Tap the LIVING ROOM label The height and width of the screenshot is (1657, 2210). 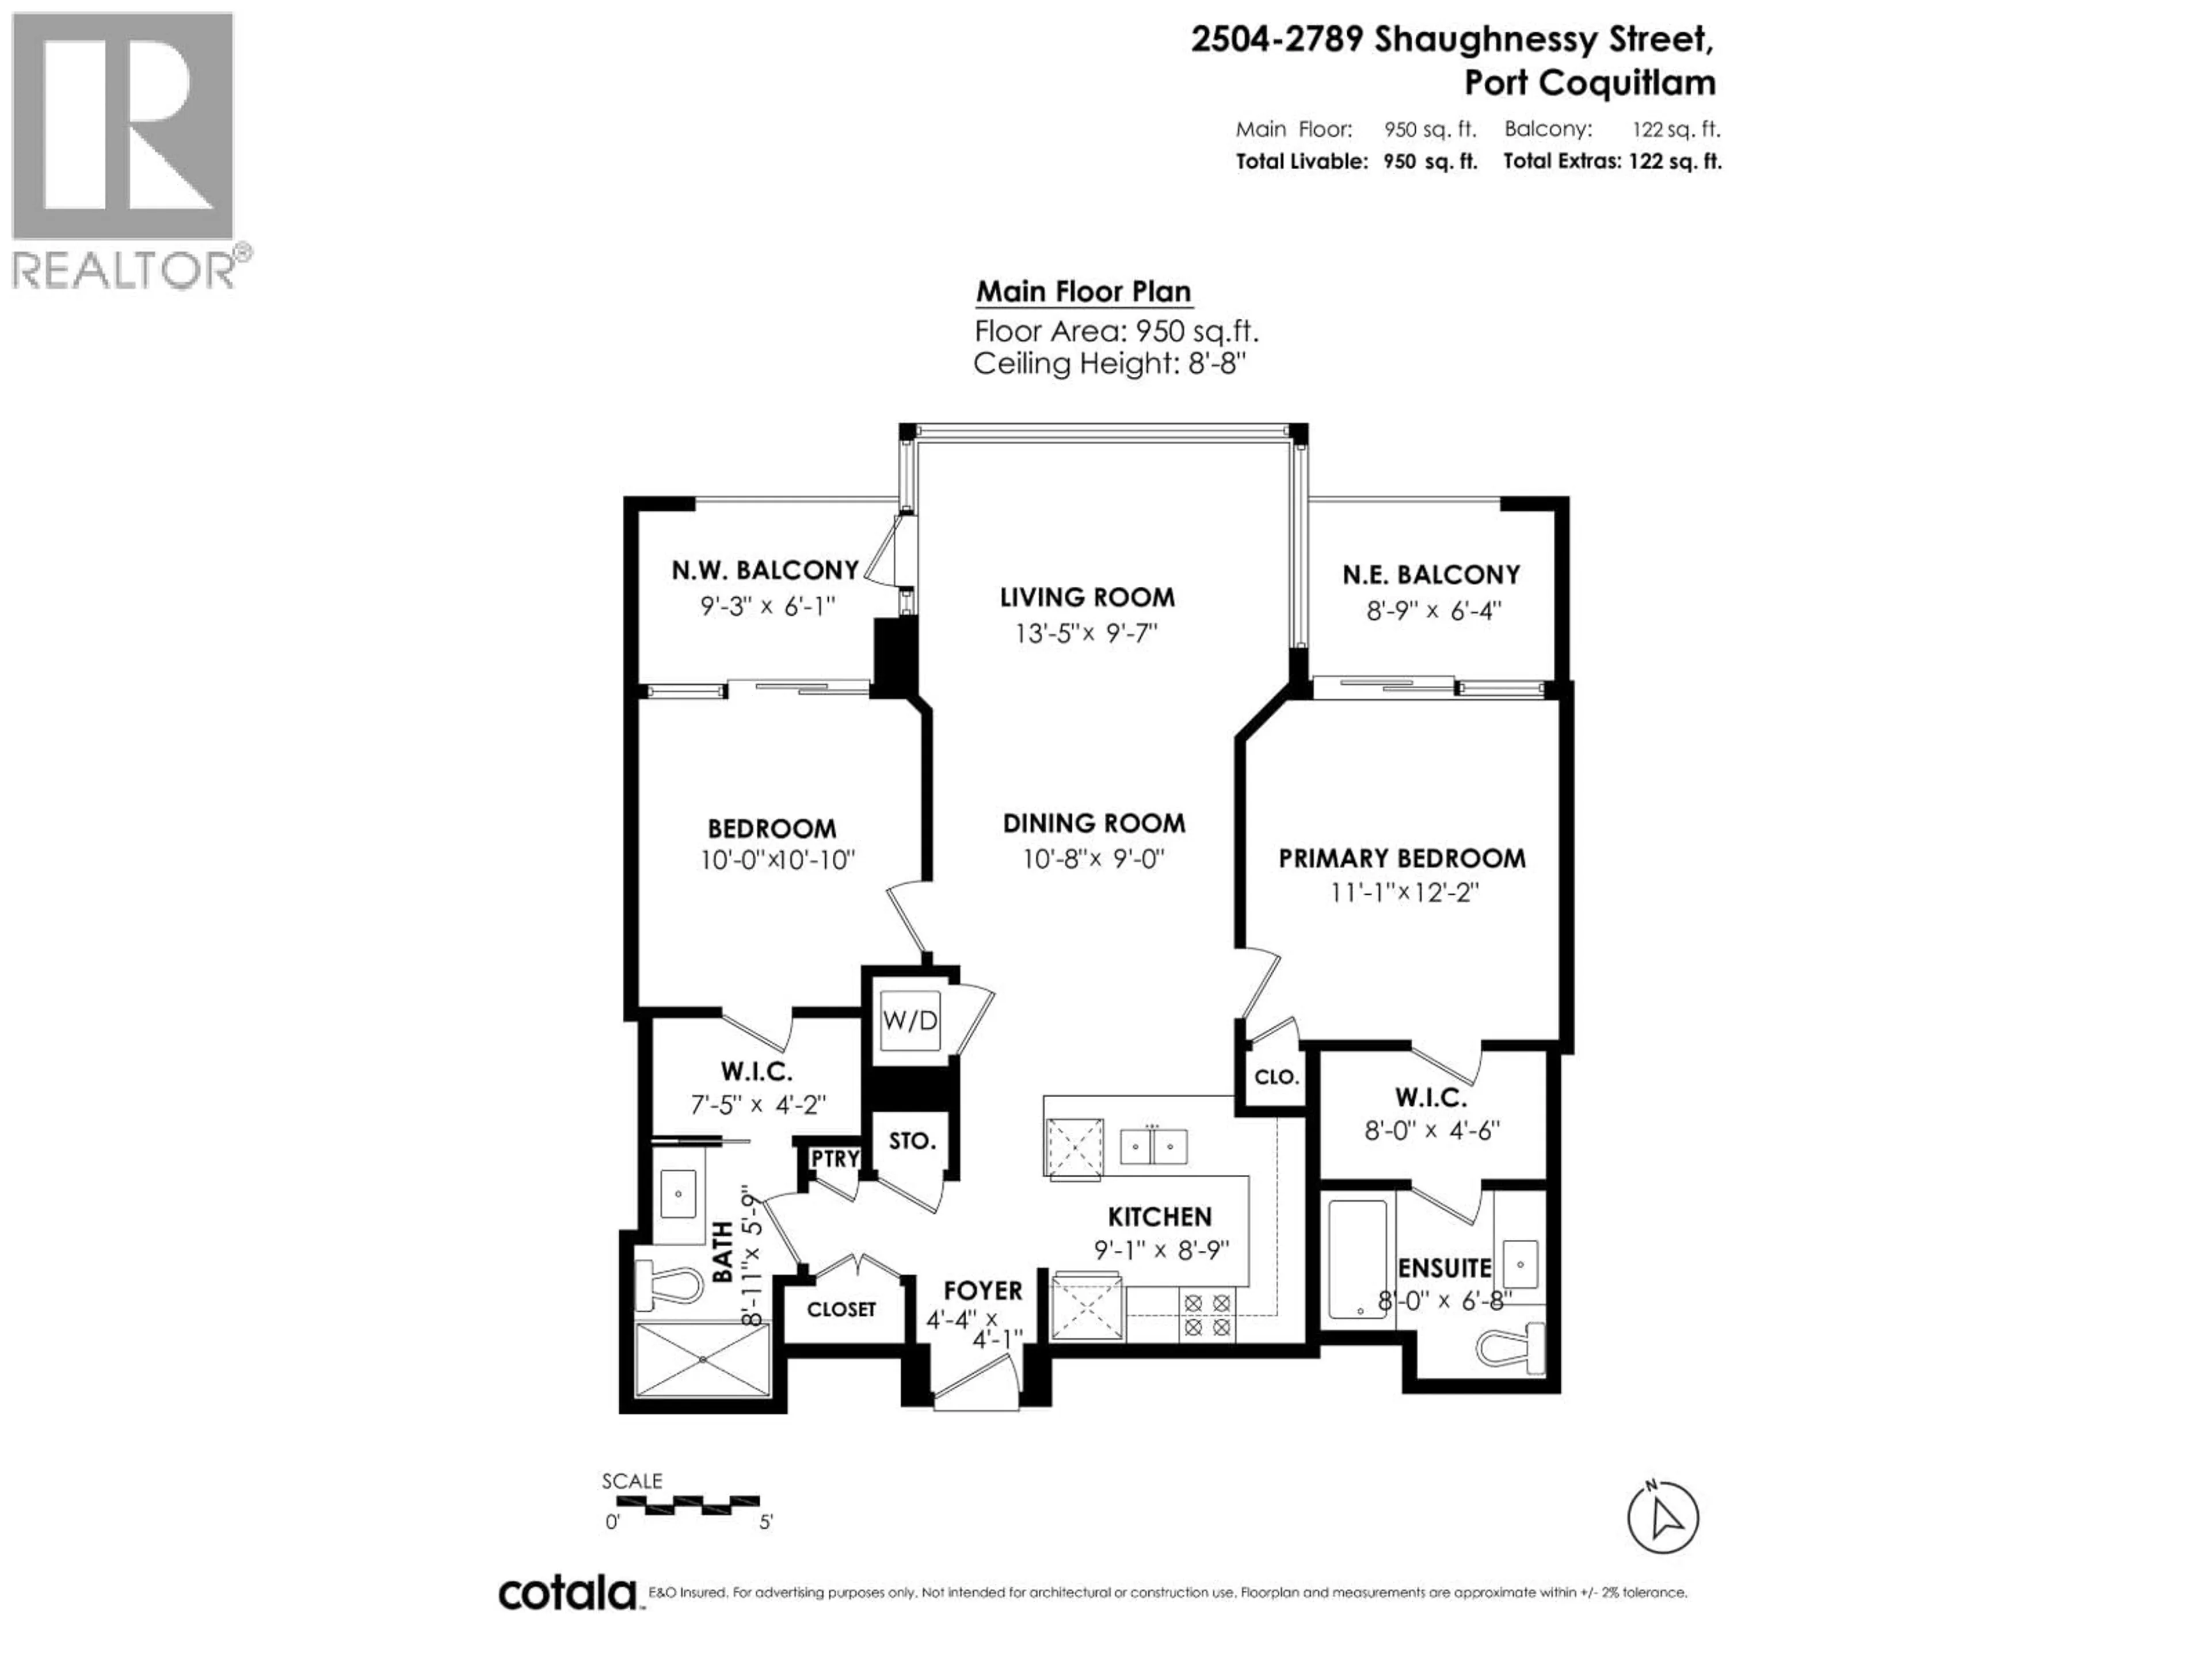(1087, 597)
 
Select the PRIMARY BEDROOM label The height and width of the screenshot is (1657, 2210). (1402, 858)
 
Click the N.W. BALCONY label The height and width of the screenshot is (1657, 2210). (764, 570)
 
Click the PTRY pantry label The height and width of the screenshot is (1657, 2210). (835, 1159)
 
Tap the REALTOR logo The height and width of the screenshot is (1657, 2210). (125, 150)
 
